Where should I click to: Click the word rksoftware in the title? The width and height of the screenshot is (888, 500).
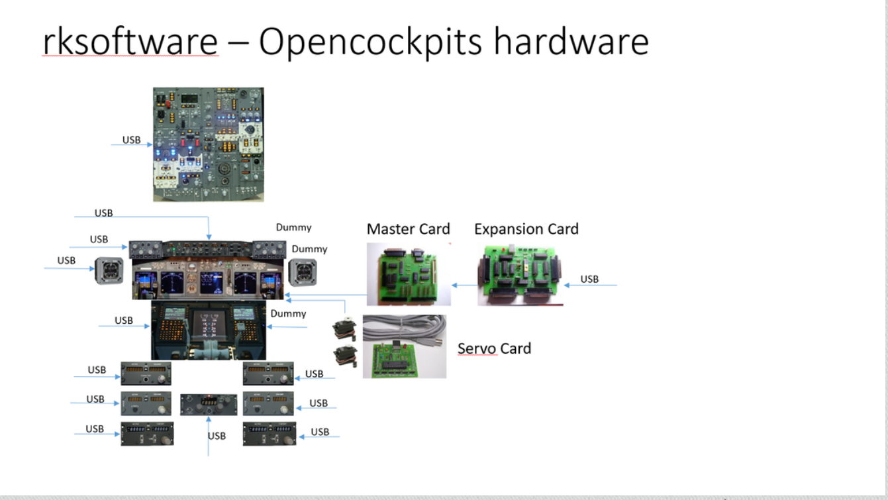130,42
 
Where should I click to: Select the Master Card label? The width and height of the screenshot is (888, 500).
408,229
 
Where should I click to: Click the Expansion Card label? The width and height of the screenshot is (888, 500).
526,229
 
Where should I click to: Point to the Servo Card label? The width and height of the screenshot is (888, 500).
494,348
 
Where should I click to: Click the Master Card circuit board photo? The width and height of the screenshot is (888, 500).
409,274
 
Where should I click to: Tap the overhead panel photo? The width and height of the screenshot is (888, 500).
209,144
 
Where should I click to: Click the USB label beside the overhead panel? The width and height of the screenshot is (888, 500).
131,140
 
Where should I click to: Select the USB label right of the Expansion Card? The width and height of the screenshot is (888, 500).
589,279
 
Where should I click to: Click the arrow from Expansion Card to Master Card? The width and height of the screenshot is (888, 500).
464,285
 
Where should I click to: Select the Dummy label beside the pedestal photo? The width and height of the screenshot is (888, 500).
288,313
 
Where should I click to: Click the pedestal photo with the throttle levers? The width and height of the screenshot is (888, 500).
209,330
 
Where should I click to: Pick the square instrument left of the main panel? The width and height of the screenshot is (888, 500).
109,271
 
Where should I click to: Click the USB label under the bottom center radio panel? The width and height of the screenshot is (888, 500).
217,436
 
